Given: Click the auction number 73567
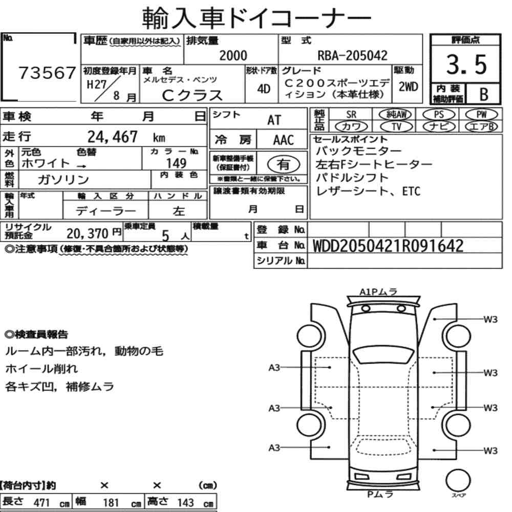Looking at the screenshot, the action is tap(47, 73).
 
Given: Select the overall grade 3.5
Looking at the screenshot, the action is tap(466, 65).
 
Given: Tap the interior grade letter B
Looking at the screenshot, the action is tap(484, 94).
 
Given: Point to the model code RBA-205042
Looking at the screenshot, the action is tap(353, 55).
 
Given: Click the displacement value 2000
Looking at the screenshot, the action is tap(233, 55).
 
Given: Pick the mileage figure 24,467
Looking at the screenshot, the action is tap(112, 137).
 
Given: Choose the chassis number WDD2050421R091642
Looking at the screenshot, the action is tap(388, 246).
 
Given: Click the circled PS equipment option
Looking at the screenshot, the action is tap(439, 115).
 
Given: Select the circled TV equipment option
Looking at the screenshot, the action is tap(396, 126).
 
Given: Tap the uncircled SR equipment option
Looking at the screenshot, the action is tap(351, 115).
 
